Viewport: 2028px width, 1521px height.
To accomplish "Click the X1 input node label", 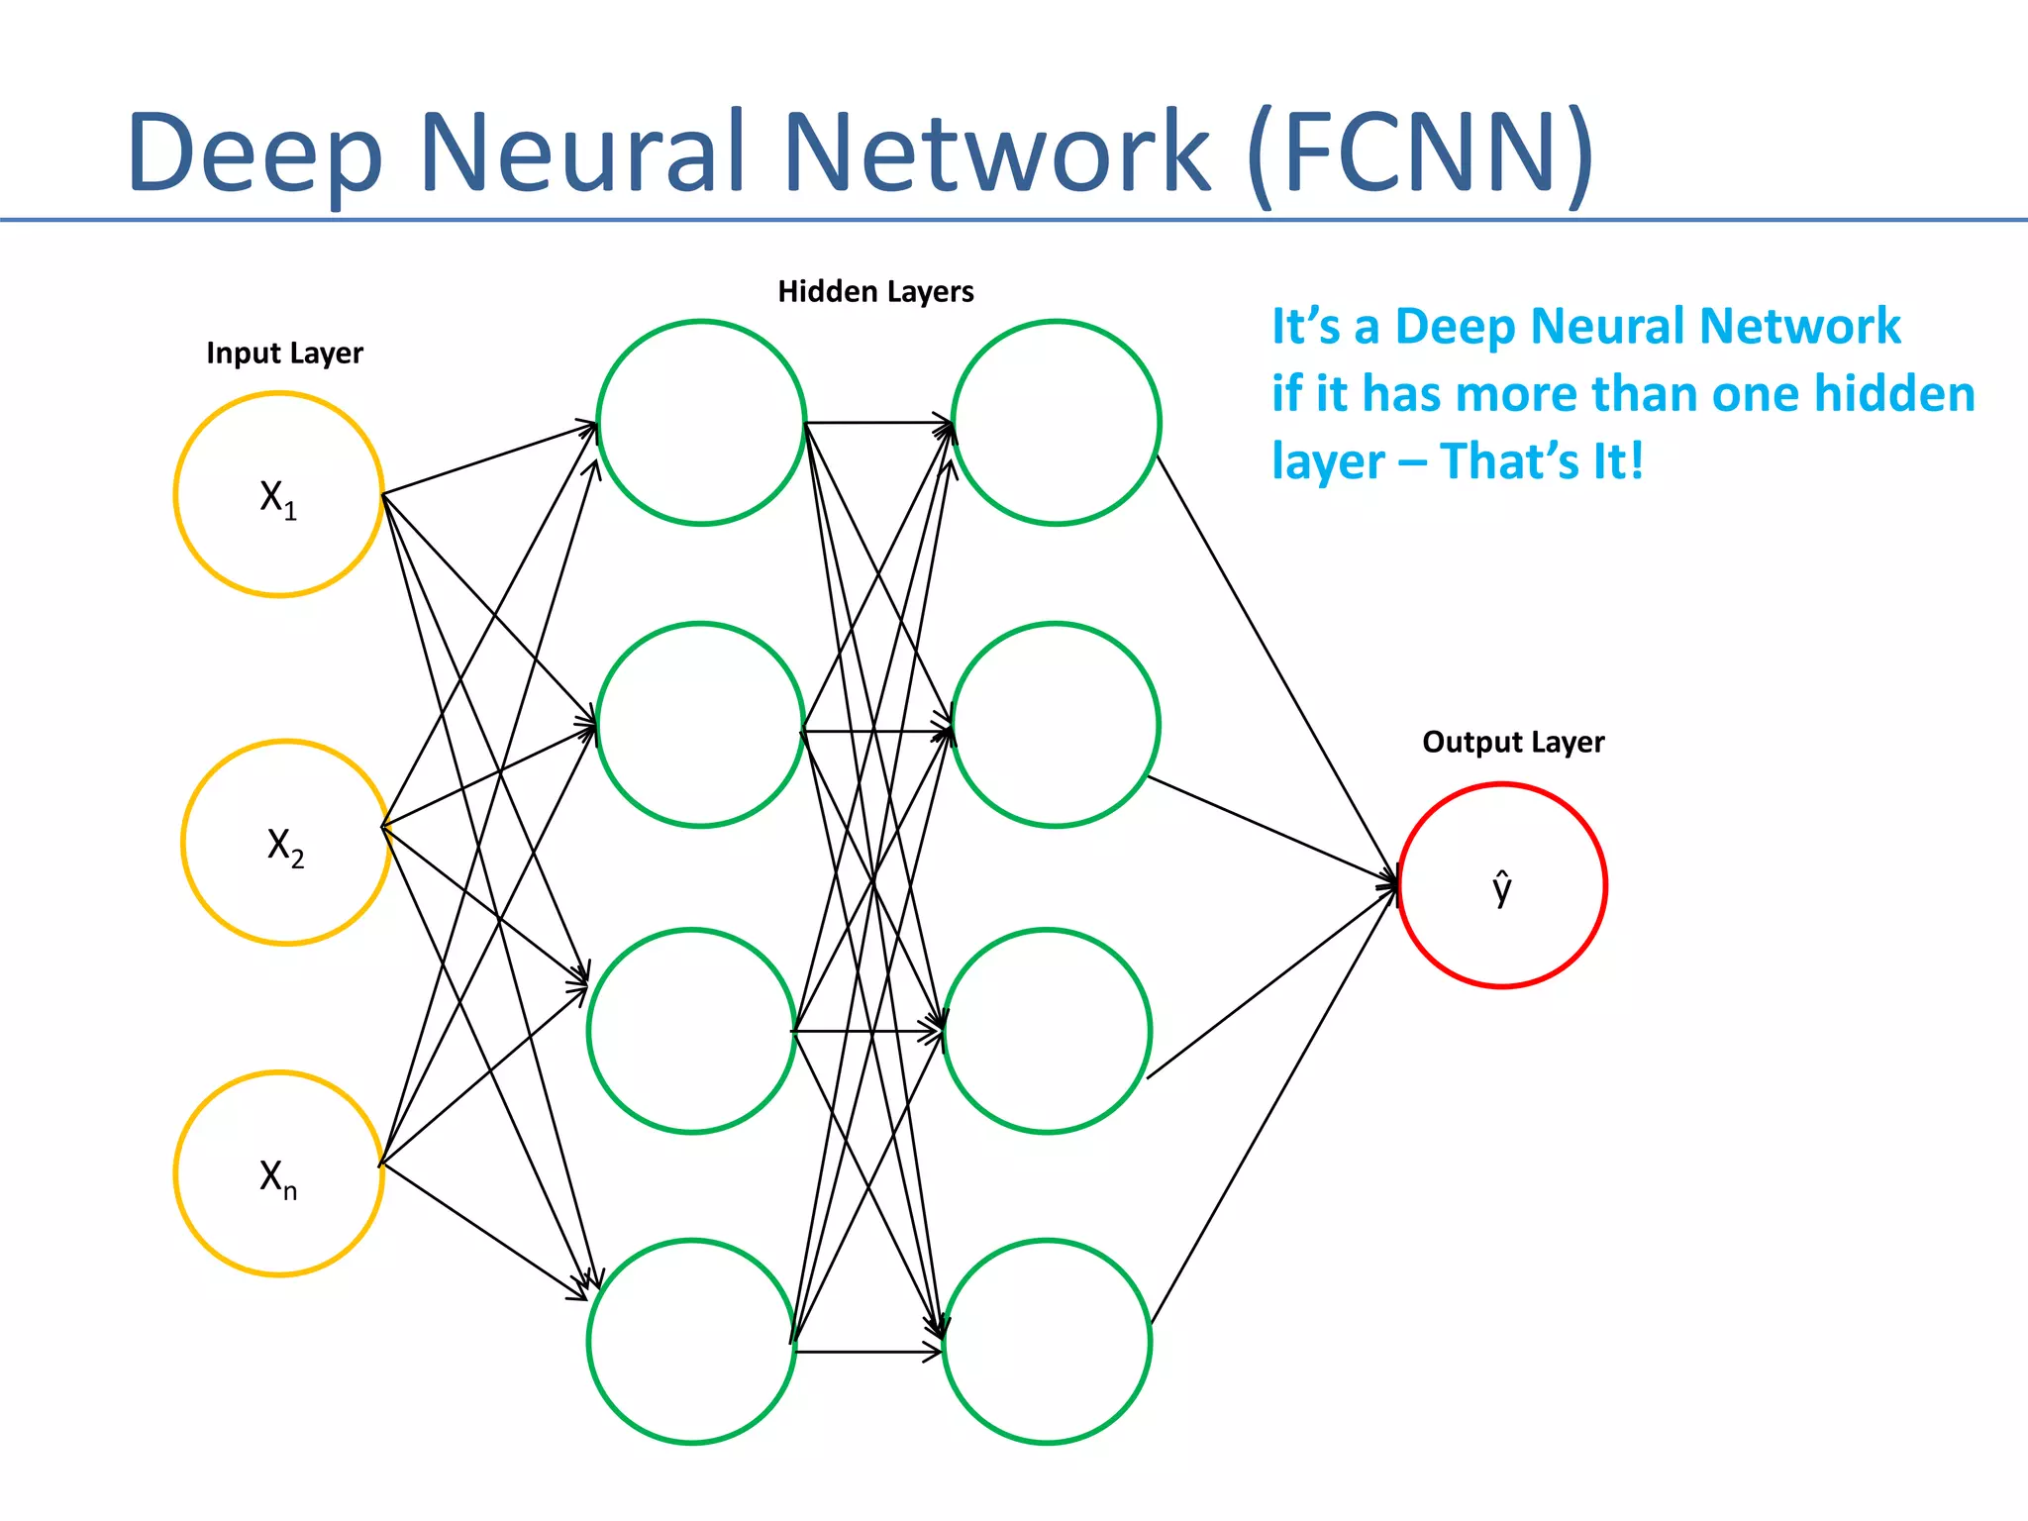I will (x=277, y=498).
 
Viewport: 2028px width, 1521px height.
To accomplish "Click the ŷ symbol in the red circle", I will (x=1502, y=887).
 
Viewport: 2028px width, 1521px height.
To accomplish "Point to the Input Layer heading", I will (x=284, y=354).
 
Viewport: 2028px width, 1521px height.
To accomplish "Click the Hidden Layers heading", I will (x=875, y=292).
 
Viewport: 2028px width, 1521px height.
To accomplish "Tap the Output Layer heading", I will (x=1512, y=743).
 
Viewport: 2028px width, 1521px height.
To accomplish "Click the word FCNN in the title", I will (x=1421, y=153).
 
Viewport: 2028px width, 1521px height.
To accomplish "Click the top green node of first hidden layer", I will (x=701, y=423).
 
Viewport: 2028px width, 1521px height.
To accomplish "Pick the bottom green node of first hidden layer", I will (x=691, y=1342).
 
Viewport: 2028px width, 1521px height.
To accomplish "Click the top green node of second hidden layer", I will (x=1056, y=423).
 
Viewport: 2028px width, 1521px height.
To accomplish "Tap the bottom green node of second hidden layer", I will (x=1047, y=1342).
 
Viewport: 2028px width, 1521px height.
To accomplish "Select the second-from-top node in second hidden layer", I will (x=1055, y=725).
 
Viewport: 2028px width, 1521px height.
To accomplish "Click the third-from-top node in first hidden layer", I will (x=691, y=1031).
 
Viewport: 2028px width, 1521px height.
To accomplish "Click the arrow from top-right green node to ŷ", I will (x=1277, y=668).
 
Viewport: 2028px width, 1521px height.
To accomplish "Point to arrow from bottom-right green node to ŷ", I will (x=1273, y=1104).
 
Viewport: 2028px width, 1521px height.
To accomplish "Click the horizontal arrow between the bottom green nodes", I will (x=866, y=1352).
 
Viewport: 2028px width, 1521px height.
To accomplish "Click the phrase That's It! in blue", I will (x=1542, y=461).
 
